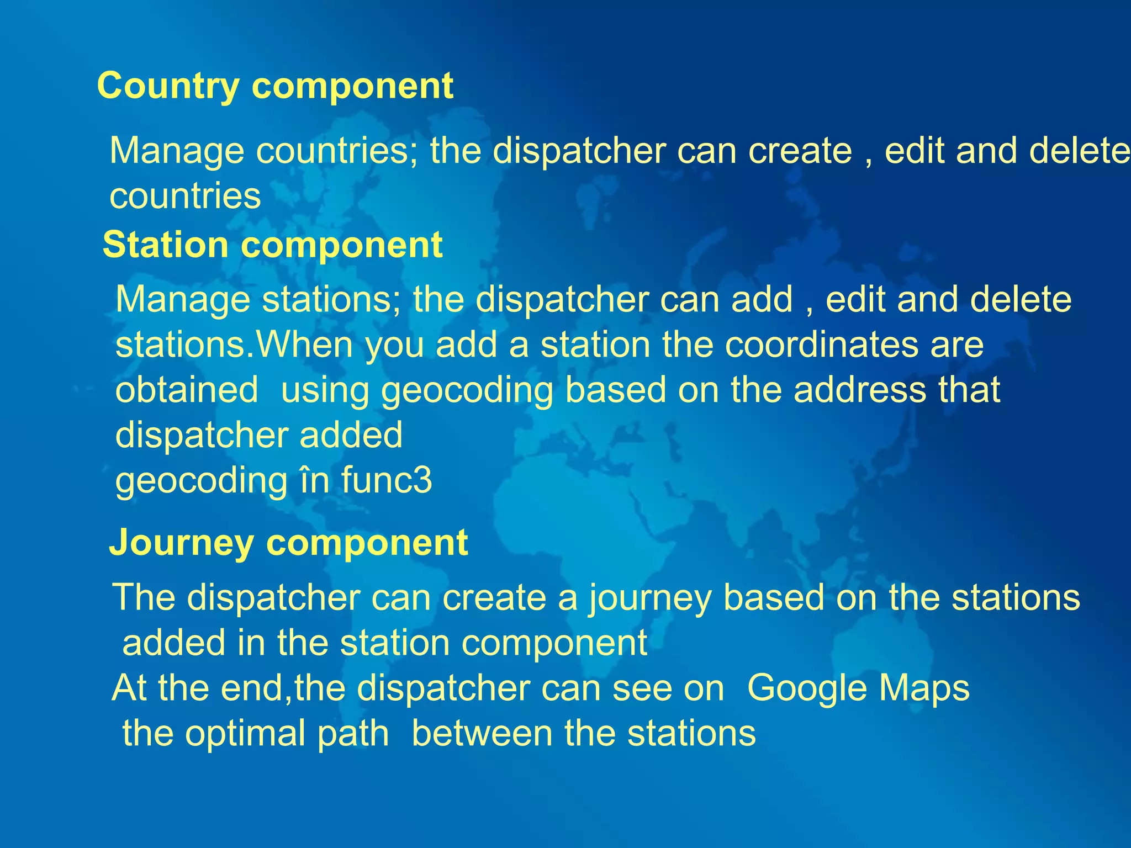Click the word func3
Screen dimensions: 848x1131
(x=386, y=480)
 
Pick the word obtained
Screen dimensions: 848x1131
(x=187, y=390)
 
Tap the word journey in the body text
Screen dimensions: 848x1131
(x=649, y=598)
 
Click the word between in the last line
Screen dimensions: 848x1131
(x=482, y=734)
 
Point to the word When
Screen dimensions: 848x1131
(x=305, y=345)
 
